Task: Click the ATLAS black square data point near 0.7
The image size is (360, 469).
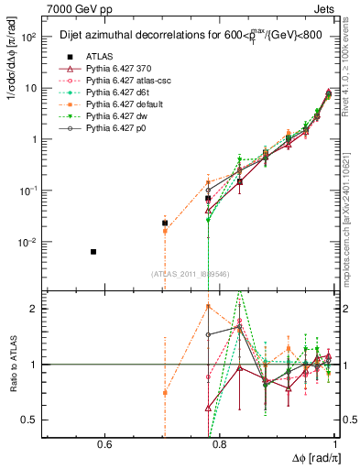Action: point(165,223)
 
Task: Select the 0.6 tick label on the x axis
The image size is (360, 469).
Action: point(104,445)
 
